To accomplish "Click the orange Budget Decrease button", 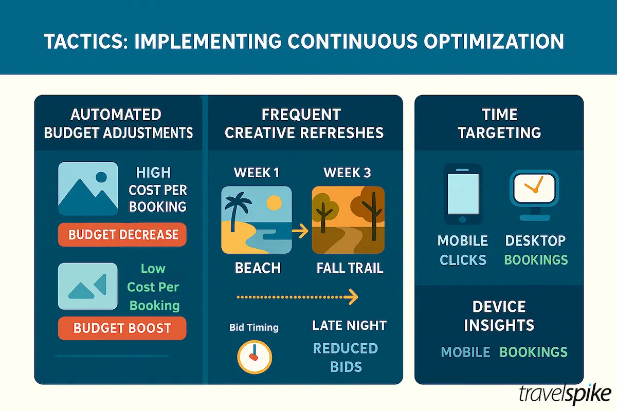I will point(123,235).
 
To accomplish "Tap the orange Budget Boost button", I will point(122,328).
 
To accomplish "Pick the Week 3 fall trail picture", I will point(348,220).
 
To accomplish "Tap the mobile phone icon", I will point(463,194).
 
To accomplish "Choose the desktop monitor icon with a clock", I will point(534,193).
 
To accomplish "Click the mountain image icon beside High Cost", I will point(88,189).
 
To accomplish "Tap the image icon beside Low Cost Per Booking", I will point(88,286).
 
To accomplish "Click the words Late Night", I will point(349,325).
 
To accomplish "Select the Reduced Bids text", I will point(346,357).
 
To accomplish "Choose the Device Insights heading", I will point(499,315).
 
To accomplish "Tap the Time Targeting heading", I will point(499,123).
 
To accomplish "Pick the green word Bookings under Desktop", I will point(536,259).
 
